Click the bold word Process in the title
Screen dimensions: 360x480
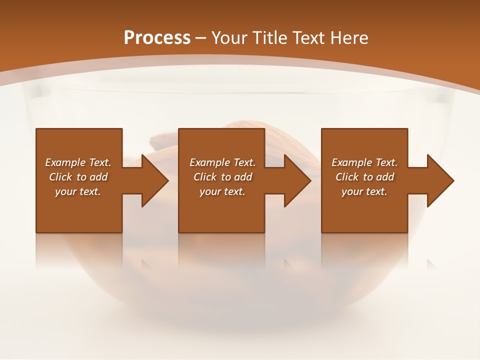coord(157,38)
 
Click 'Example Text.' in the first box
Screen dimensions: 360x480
coord(78,162)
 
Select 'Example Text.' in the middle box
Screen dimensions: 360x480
coord(222,162)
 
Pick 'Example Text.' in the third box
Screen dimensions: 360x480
coord(364,162)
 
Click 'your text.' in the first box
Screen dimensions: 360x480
coord(78,191)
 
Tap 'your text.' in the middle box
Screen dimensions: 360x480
coord(222,191)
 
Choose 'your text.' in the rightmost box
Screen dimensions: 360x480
coord(364,191)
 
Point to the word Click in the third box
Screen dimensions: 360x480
coord(347,177)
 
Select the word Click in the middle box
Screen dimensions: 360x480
coord(205,177)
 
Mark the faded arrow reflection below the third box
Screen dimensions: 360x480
coord(431,263)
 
